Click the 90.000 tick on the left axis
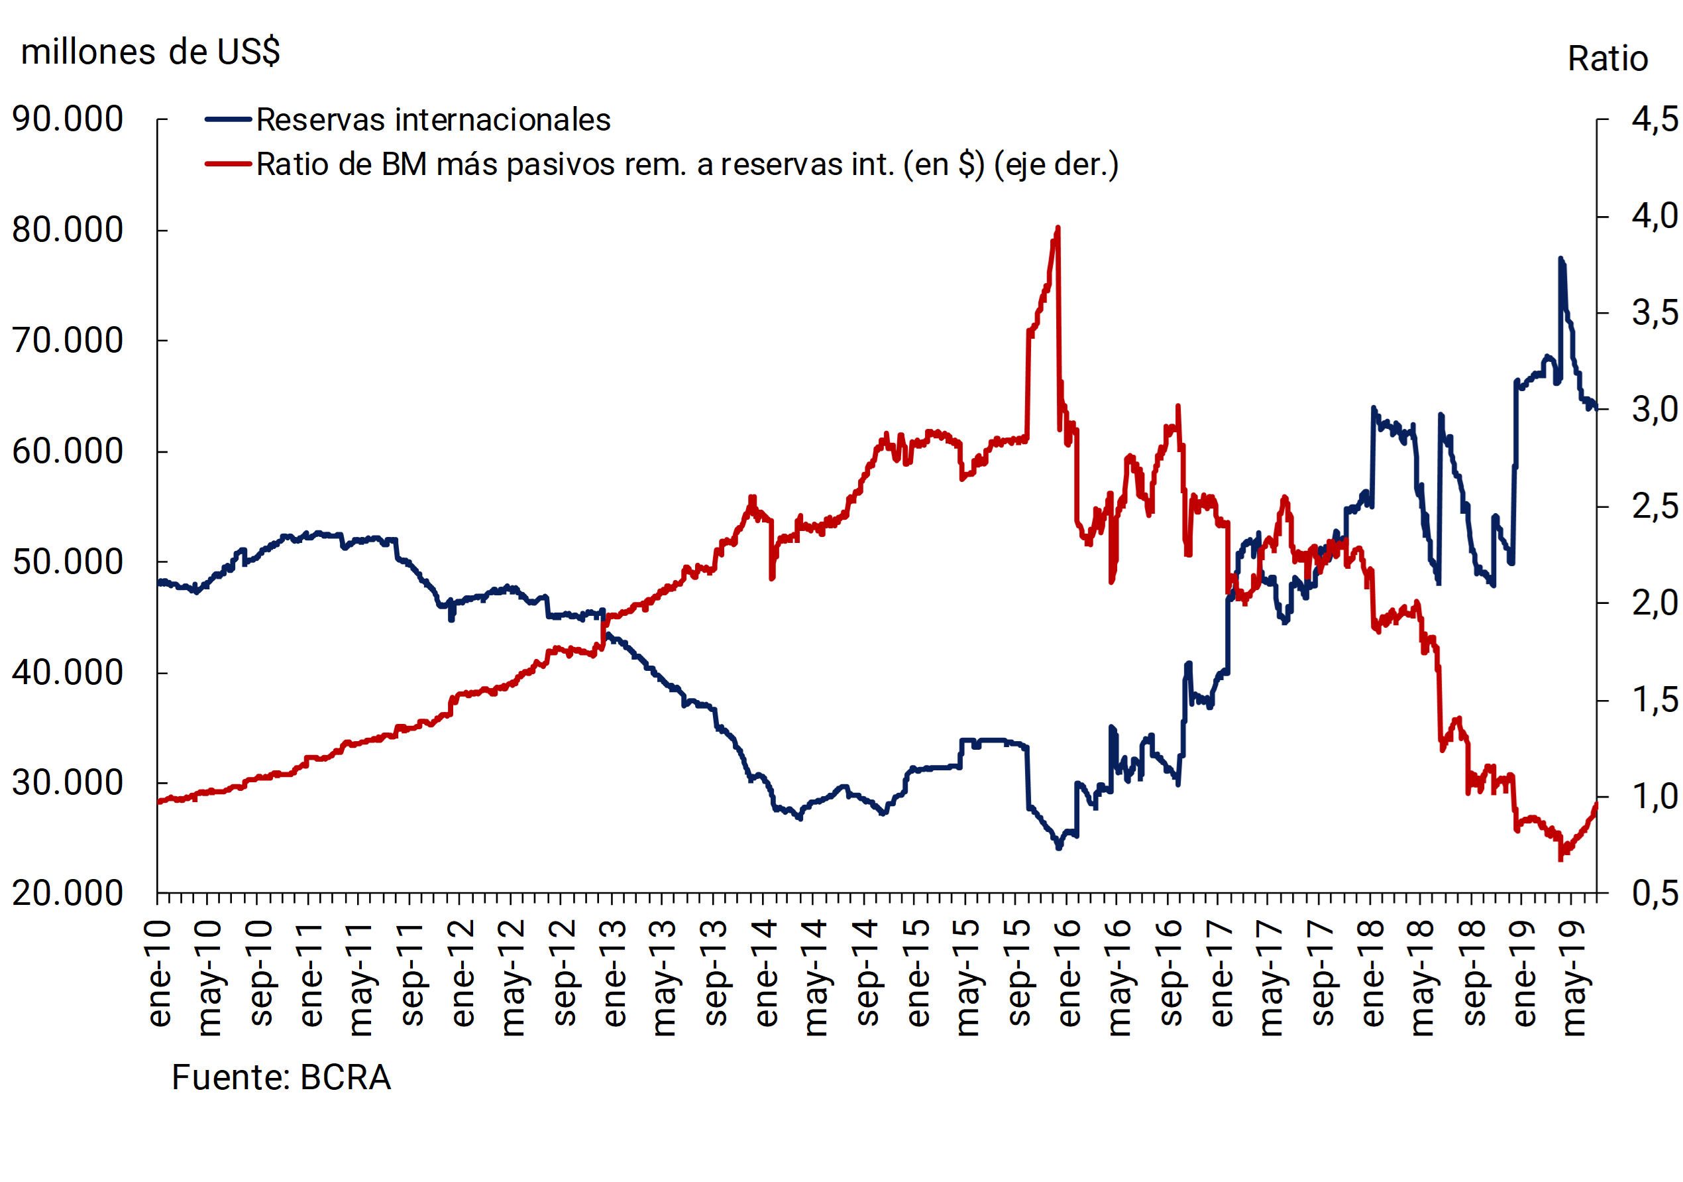pos(68,119)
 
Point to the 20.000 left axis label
pos(68,894)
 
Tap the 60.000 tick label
pos(68,451)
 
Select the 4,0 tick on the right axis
pos(1655,216)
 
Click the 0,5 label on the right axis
pos(1655,894)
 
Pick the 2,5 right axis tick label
pos(1655,506)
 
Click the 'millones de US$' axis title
pos(150,52)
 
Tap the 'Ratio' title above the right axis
pos(1607,58)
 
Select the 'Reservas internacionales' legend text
pos(433,120)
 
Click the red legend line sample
pos(228,164)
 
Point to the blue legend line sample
pos(228,119)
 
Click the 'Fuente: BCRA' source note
pos(281,1078)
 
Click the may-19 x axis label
pos(1574,979)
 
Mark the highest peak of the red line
pos(1057,228)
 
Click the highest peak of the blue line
pos(1560,258)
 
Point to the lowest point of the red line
pos(1560,859)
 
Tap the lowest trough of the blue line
pos(1058,849)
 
